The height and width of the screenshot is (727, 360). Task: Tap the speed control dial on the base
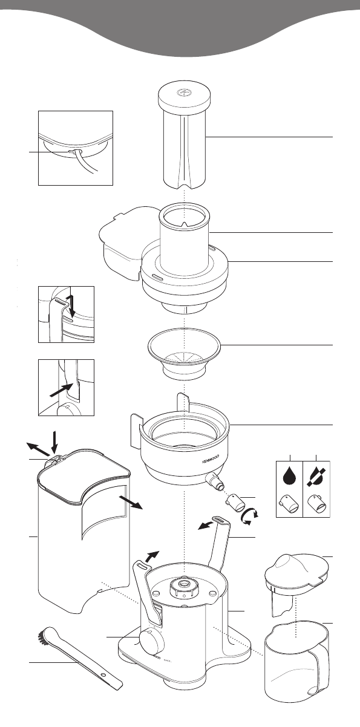click(x=152, y=639)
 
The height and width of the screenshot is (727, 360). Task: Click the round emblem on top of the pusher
click(x=184, y=93)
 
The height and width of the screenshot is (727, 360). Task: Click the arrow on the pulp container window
click(x=131, y=503)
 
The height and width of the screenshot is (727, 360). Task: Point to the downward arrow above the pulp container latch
click(x=54, y=442)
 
